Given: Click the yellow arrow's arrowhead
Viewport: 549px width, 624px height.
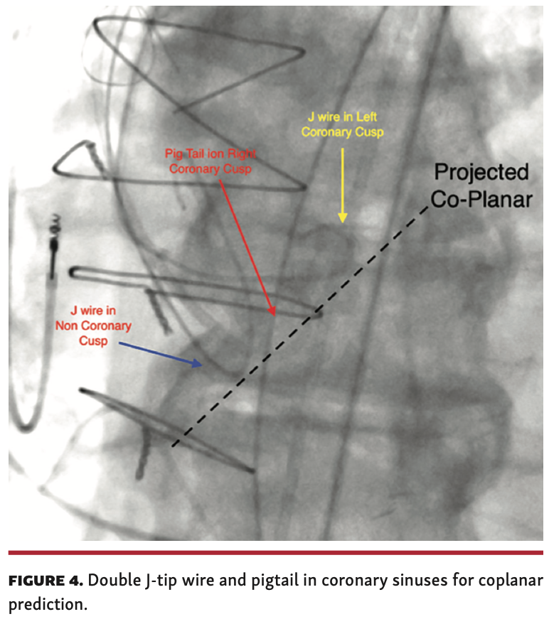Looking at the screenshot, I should pyautogui.click(x=342, y=217).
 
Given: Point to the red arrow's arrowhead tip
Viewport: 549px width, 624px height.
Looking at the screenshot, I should pyautogui.click(x=274, y=314).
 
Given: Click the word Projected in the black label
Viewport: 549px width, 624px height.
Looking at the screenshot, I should pyautogui.click(x=481, y=173).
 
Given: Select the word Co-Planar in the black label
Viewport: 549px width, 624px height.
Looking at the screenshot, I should pyautogui.click(x=482, y=200).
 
